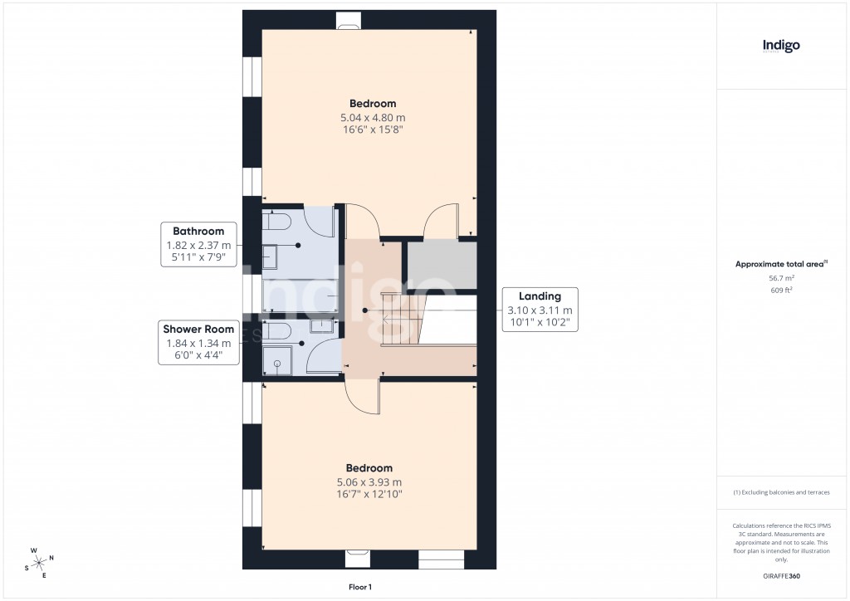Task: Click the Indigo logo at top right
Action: (x=781, y=46)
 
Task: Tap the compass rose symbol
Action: (x=40, y=562)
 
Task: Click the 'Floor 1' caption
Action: (x=359, y=587)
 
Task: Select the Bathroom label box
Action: (x=198, y=245)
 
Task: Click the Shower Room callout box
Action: (x=198, y=343)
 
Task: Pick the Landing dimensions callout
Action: (x=540, y=310)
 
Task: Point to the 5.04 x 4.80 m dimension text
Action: (x=372, y=118)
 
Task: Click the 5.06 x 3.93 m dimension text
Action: (x=369, y=482)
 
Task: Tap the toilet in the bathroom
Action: (x=276, y=222)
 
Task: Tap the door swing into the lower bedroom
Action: (x=363, y=395)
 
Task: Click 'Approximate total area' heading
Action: (x=779, y=264)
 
